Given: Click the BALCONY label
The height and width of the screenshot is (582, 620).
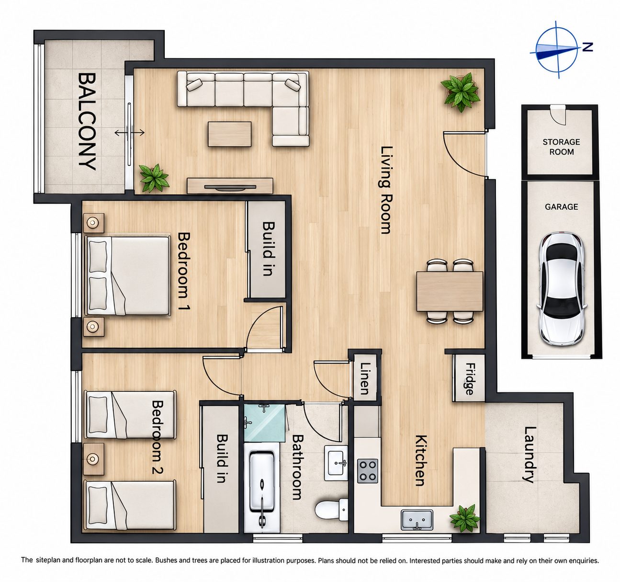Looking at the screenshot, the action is [86, 121].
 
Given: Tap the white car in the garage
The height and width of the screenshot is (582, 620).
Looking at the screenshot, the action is [562, 288].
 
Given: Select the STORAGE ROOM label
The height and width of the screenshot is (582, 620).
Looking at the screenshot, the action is [561, 147].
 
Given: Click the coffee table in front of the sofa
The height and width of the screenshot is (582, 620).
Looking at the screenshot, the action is [229, 134].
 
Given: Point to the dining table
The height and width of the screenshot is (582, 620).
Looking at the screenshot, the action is [450, 291].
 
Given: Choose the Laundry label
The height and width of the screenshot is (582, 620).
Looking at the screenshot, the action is [530, 455].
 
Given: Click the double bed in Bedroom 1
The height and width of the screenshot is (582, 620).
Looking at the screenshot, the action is [128, 275].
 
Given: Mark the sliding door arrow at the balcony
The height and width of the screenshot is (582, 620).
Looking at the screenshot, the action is [129, 133].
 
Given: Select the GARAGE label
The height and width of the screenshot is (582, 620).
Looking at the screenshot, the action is [561, 207].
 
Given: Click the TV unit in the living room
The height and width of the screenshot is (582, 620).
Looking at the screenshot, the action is [230, 186].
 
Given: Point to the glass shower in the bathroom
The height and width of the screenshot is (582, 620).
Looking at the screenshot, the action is [265, 423].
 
